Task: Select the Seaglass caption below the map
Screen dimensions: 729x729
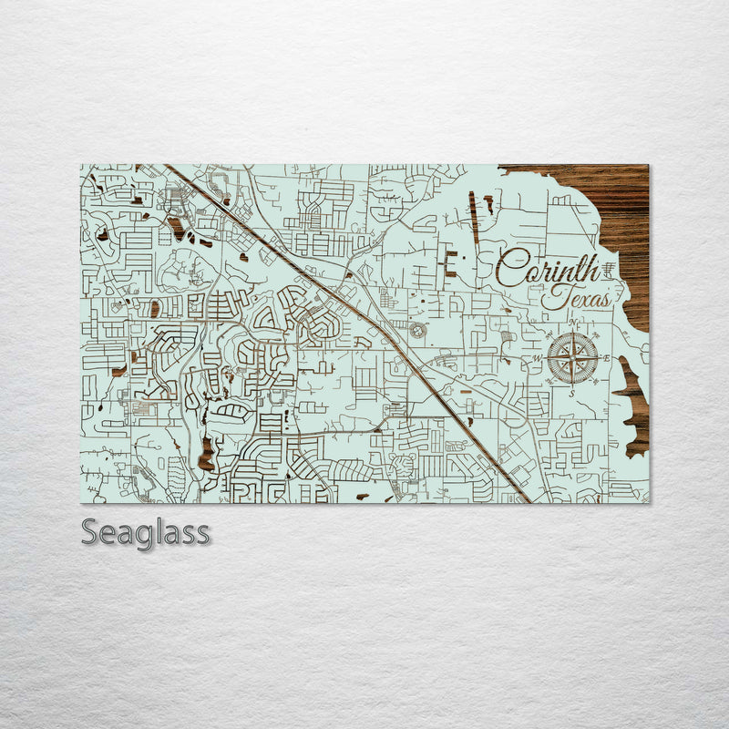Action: pos(145,531)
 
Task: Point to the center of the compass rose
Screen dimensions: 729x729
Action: pos(573,357)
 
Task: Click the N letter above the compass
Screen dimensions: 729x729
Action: pos(572,323)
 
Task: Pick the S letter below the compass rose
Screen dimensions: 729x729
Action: pos(572,393)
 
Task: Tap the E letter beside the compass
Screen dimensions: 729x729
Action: pos(607,358)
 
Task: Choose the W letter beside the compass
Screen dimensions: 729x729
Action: pos(538,358)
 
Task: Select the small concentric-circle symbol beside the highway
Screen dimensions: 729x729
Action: pos(417,330)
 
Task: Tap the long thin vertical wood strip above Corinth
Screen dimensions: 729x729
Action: pos(474,217)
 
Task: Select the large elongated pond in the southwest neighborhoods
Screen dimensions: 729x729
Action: pos(206,452)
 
